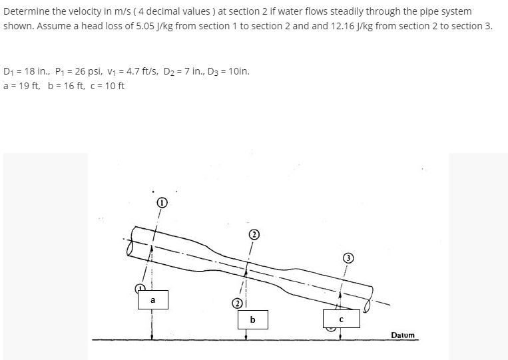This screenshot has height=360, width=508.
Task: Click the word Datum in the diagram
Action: [x=403, y=335]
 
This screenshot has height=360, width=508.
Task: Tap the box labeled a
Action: [x=152, y=300]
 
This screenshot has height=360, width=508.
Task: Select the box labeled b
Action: [x=252, y=319]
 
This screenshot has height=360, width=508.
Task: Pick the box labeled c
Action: [x=340, y=319]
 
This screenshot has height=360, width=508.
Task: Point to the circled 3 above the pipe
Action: [x=347, y=258]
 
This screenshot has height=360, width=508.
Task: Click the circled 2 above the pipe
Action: [x=253, y=234]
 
